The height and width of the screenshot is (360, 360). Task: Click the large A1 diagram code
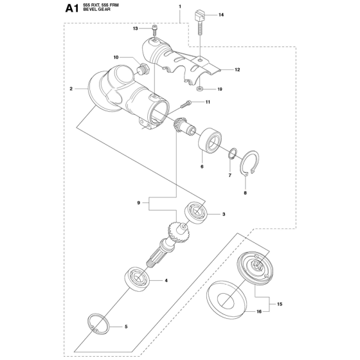click(72, 9)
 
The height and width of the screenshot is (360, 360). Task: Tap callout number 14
click(221, 15)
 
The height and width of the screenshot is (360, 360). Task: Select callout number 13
click(136, 28)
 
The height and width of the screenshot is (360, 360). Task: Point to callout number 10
click(116, 57)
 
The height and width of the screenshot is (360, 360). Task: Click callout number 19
click(220, 89)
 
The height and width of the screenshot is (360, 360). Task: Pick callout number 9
click(138, 203)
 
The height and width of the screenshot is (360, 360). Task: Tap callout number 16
click(259, 312)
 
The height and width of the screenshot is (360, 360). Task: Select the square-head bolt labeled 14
click(200, 22)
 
